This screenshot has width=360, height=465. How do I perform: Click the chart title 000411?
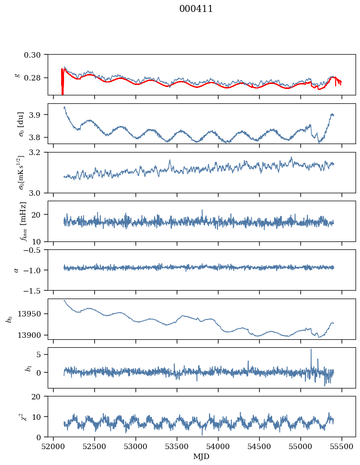coord(196,9)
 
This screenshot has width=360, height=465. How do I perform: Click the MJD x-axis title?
coord(202,457)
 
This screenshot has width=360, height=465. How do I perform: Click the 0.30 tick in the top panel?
coord(35,54)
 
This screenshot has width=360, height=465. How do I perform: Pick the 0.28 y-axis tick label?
coord(35,78)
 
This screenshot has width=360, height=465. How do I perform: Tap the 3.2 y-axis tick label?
coord(38,153)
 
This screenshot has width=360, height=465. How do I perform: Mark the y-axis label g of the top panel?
coord(17,75)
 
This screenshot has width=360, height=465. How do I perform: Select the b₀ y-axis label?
coord(9,318)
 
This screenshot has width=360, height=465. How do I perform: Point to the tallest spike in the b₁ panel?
coord(311,350)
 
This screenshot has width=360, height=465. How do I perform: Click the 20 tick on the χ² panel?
coord(40,396)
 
